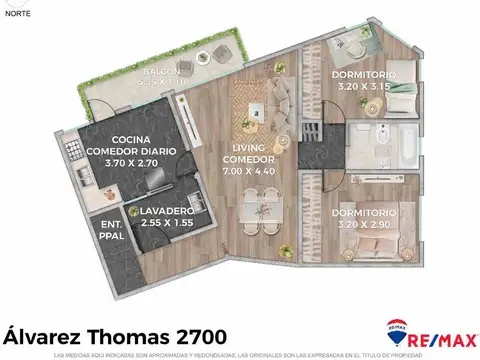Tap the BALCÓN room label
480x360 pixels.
[161, 74]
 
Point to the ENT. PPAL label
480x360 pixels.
[112, 232]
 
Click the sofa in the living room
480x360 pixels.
[283, 101]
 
